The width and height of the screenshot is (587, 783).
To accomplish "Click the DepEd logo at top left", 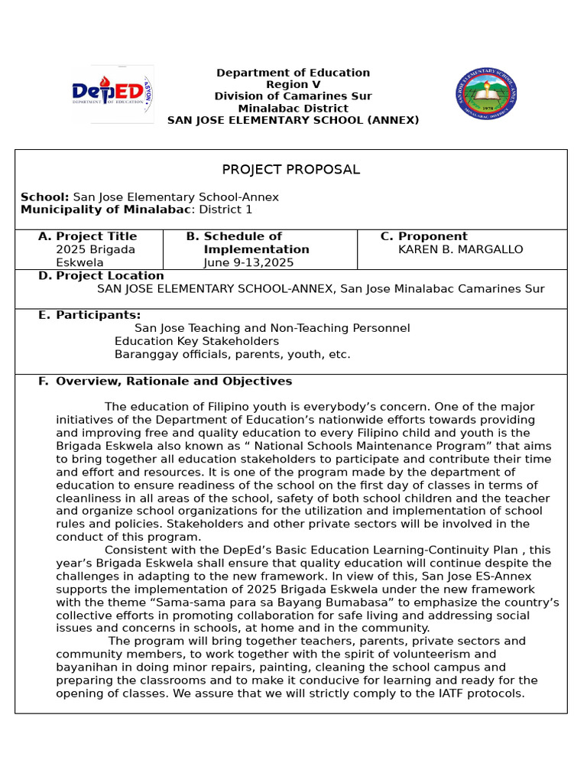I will click(112, 93).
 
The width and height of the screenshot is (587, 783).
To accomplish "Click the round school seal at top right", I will click(485, 93).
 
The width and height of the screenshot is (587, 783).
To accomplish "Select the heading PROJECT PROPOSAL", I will click(290, 170).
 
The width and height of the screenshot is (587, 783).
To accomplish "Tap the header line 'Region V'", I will click(293, 85).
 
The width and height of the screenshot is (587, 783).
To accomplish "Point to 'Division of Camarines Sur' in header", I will click(293, 96).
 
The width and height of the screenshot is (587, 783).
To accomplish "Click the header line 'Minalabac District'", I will click(293, 109).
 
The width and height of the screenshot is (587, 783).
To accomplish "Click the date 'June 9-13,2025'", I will click(248, 262).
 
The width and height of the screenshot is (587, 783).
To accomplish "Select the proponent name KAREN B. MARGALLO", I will click(461, 249).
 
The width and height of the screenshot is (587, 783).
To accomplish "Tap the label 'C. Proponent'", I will click(424, 236).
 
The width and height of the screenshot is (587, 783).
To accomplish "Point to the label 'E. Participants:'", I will click(89, 315).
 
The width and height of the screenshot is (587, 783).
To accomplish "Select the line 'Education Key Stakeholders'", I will click(196, 341).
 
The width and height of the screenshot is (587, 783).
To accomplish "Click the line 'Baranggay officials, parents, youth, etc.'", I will click(232, 354).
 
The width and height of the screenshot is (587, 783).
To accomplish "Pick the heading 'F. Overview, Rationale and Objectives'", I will click(165, 381).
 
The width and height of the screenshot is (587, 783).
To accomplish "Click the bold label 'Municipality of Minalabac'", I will click(105, 210).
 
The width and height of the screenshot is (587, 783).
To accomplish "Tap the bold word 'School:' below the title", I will click(44, 197).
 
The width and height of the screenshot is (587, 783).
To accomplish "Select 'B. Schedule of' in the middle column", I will click(234, 236).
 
